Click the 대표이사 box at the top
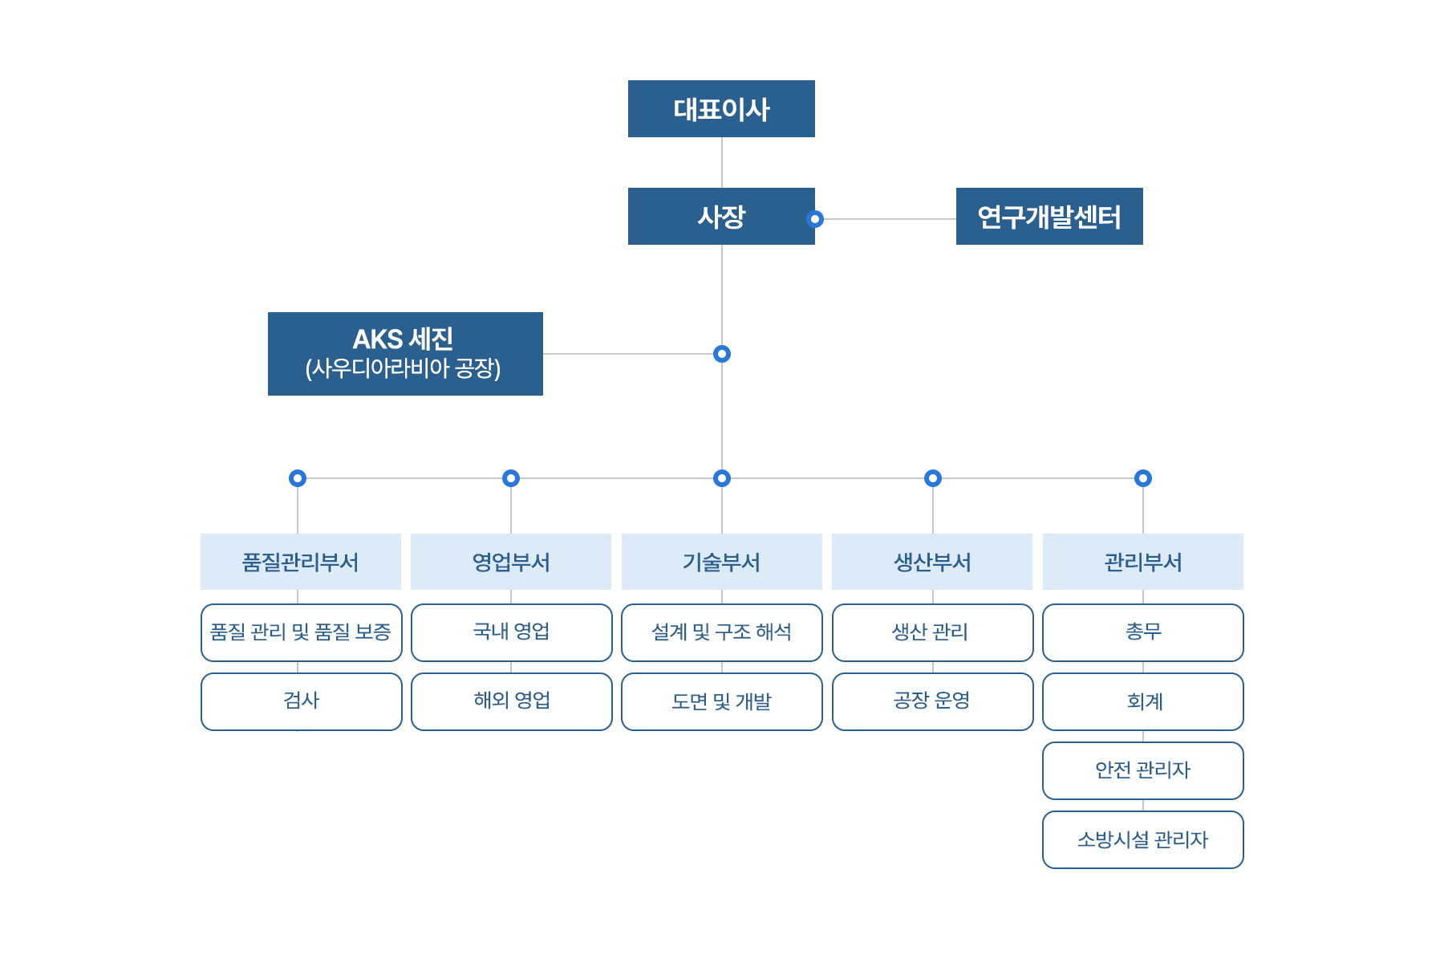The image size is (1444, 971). (721, 109)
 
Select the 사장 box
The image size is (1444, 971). (721, 217)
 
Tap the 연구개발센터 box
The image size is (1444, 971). (1049, 217)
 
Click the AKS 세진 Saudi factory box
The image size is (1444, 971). (405, 354)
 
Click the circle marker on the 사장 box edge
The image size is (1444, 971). (815, 219)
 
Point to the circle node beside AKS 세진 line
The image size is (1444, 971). (722, 354)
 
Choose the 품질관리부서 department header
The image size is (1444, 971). (301, 562)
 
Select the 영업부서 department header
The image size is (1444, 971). (511, 562)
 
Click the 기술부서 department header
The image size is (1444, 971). (721, 562)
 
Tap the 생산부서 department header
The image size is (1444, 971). (932, 562)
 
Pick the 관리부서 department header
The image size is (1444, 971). (1142, 562)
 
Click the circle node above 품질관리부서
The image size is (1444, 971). (298, 478)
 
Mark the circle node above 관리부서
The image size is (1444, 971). (1143, 478)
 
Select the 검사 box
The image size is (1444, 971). (301, 701)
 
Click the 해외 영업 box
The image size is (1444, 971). (511, 701)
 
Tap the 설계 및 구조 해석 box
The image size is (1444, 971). (721, 632)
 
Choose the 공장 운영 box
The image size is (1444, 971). (932, 701)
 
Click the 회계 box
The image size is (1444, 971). (1142, 701)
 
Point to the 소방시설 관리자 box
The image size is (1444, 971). (1142, 839)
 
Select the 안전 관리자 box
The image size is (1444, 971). (1142, 770)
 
